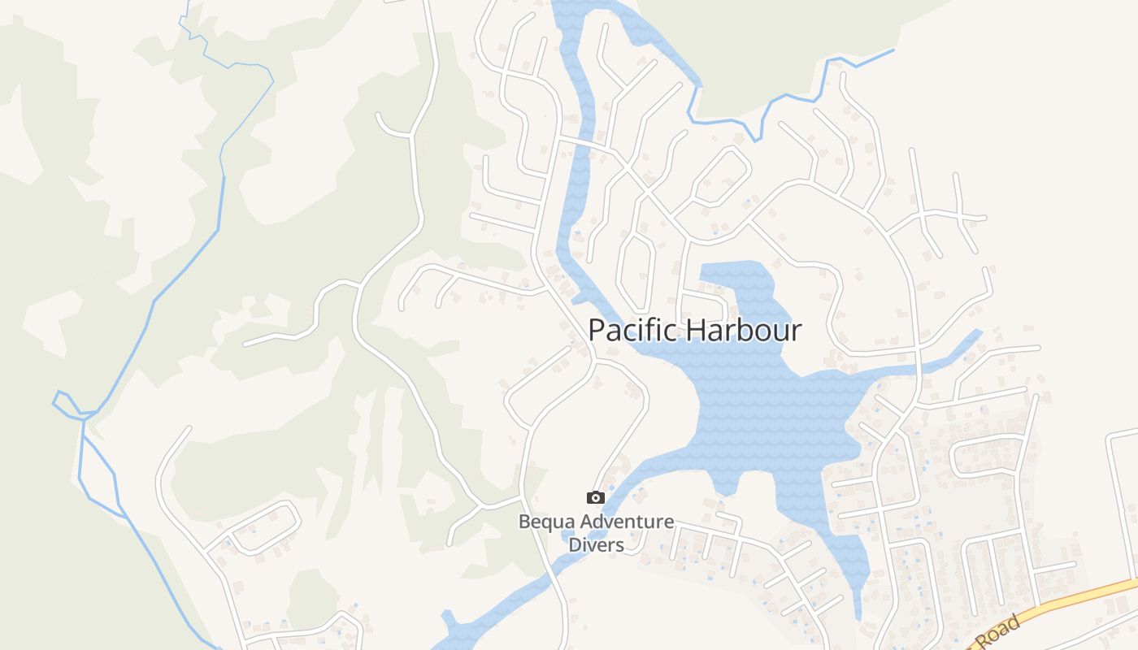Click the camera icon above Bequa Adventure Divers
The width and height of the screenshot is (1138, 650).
[x=596, y=497]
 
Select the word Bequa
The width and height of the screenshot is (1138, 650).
[x=545, y=522]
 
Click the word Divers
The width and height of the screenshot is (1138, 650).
[x=596, y=544]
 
